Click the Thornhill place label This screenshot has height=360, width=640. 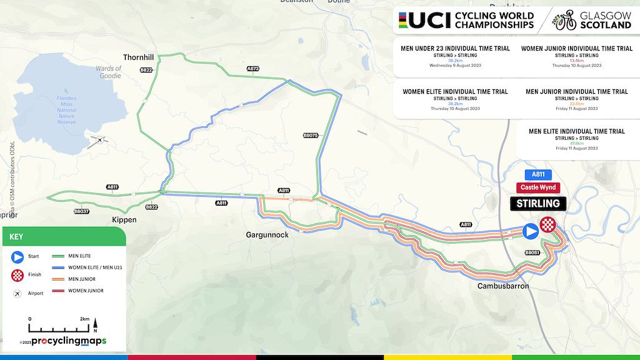pyautogui.click(x=138, y=57)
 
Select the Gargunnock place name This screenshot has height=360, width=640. pyautogui.click(x=267, y=235)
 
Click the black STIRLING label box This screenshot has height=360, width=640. pyautogui.click(x=538, y=204)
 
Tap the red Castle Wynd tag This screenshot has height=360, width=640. pyautogui.click(x=537, y=187)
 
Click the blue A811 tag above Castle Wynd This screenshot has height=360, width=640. pyautogui.click(x=537, y=174)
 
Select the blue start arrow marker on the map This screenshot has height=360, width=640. pyautogui.click(x=530, y=231)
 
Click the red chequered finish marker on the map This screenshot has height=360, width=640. pyautogui.click(x=548, y=225)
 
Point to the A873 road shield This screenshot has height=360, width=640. pyautogui.click(x=252, y=69)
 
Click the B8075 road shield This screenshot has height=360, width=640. pyautogui.click(x=311, y=136)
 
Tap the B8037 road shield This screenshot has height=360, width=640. pyautogui.click(x=81, y=212)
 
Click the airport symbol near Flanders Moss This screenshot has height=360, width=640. pyautogui.click(x=97, y=142)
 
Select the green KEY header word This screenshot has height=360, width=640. pyautogui.click(x=17, y=237)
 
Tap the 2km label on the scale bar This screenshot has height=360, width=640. pyautogui.click(x=84, y=319)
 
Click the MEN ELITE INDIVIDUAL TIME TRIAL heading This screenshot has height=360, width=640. pyautogui.click(x=576, y=131)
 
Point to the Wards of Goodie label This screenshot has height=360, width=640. pyautogui.click(x=109, y=72)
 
